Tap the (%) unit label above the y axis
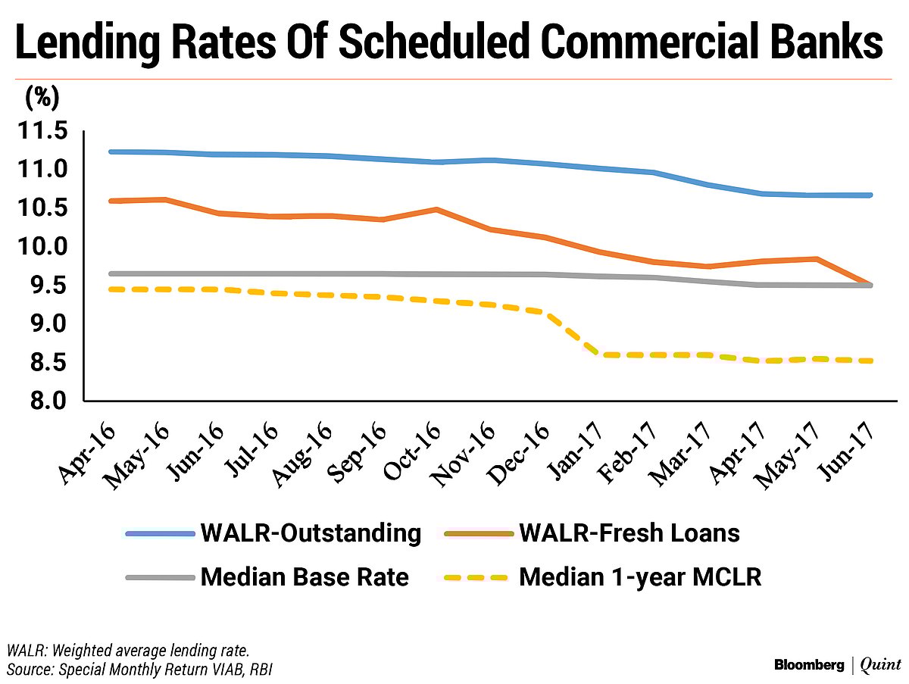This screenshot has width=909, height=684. [x=42, y=98]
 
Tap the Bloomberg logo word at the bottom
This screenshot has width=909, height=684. [x=808, y=665]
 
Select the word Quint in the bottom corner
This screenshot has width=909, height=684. [x=880, y=665]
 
